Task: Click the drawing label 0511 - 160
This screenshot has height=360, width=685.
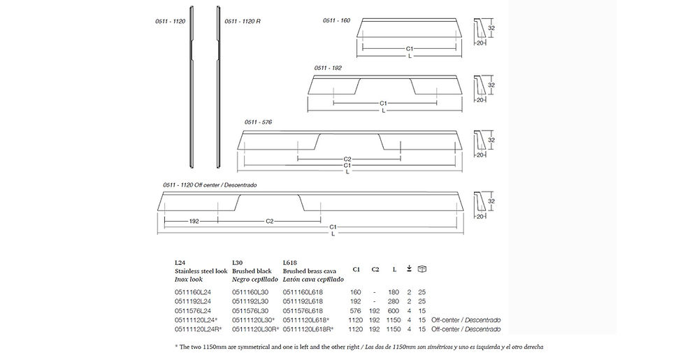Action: pyautogui.click(x=336, y=20)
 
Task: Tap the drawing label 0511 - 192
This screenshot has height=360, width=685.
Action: pyautogui.click(x=328, y=69)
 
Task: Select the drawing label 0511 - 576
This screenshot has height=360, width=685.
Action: pyautogui.click(x=258, y=122)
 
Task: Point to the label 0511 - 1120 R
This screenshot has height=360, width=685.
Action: pyautogui.click(x=243, y=21)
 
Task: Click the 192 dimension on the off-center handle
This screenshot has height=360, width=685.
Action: pyautogui.click(x=194, y=222)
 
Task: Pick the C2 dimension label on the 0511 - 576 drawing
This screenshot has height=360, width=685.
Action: pyautogui.click(x=347, y=159)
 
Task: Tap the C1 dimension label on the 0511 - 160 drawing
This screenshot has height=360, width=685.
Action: pyautogui.click(x=410, y=49)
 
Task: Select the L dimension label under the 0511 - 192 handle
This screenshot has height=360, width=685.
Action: pyautogui.click(x=384, y=110)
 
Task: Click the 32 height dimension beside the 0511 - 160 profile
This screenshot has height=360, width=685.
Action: pyautogui.click(x=491, y=28)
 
